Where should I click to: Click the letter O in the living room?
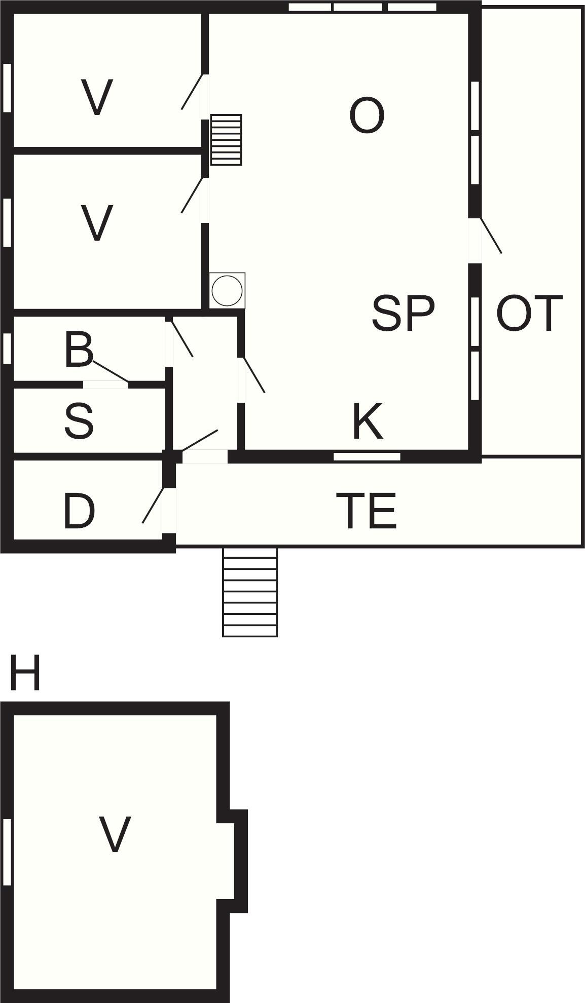click(367, 117)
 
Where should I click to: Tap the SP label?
click(403, 314)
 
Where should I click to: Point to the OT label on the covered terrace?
click(529, 314)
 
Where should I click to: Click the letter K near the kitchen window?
click(368, 421)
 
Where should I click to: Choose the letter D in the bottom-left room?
click(79, 512)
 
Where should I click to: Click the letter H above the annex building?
click(24, 673)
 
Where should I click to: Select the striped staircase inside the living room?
click(226, 139)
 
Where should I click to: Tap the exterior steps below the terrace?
click(250, 592)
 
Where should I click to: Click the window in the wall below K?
click(367, 456)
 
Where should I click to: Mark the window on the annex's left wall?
click(7, 852)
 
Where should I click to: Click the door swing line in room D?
click(153, 505)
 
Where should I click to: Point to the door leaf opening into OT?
click(491, 236)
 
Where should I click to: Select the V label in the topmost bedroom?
click(97, 97)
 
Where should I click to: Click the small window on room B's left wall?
click(7, 348)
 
